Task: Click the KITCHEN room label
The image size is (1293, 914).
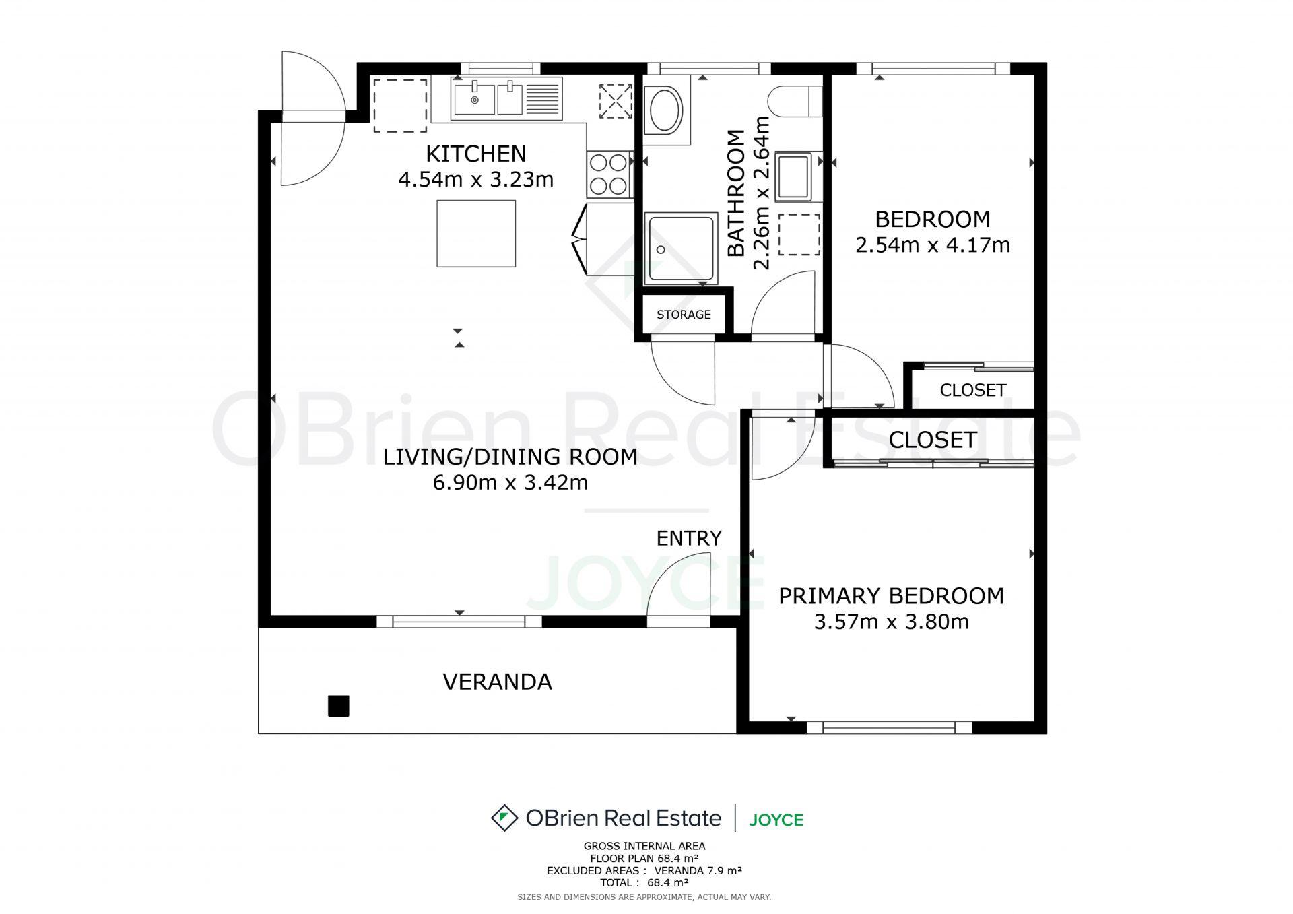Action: (476, 154)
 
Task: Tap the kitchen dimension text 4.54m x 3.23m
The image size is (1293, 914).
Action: (476, 180)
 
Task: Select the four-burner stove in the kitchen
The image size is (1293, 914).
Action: (609, 174)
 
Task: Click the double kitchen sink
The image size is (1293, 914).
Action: (488, 99)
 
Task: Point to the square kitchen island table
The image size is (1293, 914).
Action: (476, 233)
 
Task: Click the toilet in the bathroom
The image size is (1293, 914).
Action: (795, 102)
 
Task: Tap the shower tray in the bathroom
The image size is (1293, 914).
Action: (681, 249)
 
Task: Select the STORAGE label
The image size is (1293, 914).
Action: (684, 315)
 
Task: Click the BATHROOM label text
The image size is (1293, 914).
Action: (737, 193)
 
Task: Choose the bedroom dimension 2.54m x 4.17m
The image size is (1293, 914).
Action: (933, 245)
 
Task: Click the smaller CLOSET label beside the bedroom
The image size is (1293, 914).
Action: (972, 390)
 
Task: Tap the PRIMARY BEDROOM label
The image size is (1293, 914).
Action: (891, 596)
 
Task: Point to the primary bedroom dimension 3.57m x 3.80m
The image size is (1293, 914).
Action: (891, 622)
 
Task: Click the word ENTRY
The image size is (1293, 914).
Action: (689, 538)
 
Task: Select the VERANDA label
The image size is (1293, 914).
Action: (497, 682)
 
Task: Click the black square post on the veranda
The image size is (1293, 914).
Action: (338, 706)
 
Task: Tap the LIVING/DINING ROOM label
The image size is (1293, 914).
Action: (510, 457)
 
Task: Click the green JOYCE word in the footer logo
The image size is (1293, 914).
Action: (776, 820)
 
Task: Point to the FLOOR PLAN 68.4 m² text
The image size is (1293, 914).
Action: (644, 858)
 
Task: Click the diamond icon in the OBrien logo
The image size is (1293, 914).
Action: (504, 818)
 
